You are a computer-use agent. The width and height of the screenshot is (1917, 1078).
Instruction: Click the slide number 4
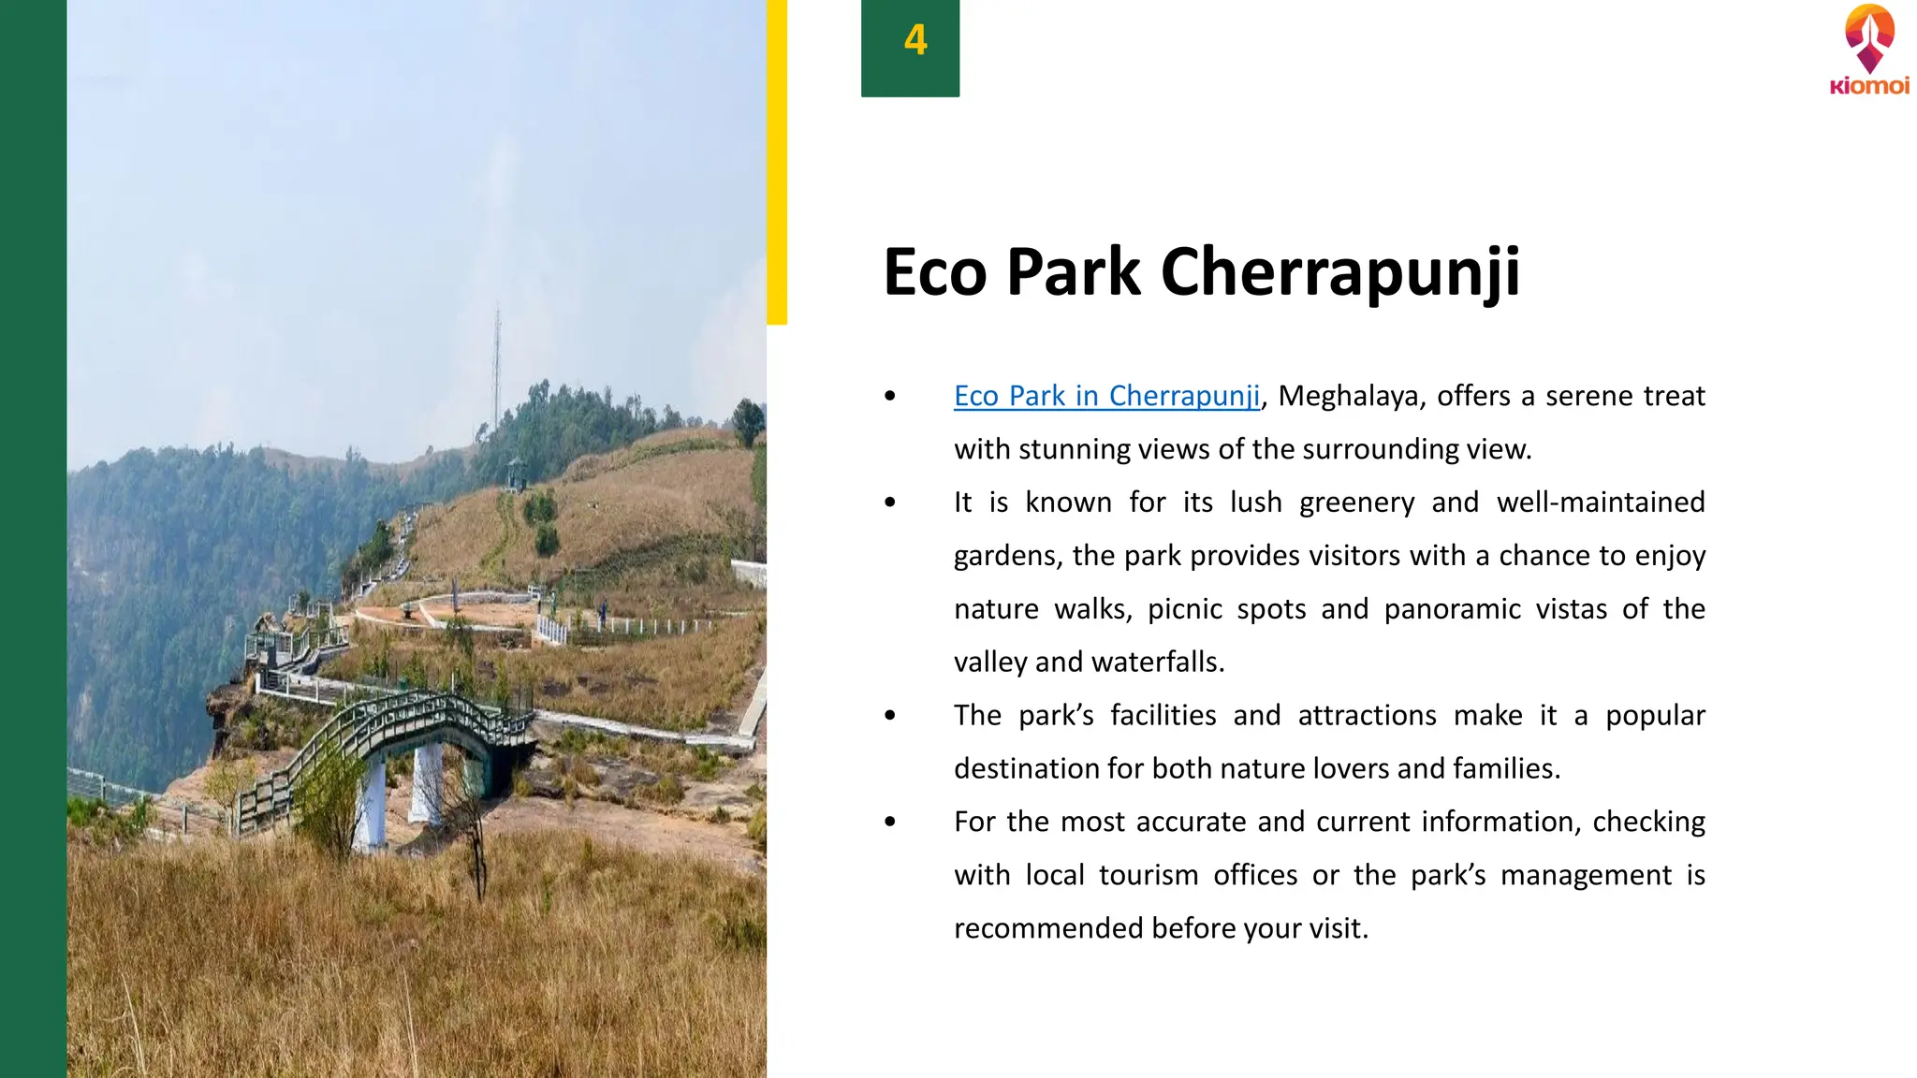(915, 40)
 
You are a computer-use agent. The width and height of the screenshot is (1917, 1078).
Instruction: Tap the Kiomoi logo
(1869, 51)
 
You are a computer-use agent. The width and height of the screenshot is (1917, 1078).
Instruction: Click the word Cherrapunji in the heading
(1340, 273)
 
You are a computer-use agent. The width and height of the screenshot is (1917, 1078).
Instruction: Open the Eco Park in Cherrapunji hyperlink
(1106, 396)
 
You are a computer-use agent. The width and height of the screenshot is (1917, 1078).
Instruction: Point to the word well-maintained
(1601, 503)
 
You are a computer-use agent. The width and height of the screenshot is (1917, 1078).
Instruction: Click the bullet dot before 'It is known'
(890, 503)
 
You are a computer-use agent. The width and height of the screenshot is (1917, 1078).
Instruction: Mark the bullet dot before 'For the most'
(890, 822)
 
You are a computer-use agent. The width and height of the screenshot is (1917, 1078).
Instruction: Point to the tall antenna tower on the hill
(497, 365)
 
